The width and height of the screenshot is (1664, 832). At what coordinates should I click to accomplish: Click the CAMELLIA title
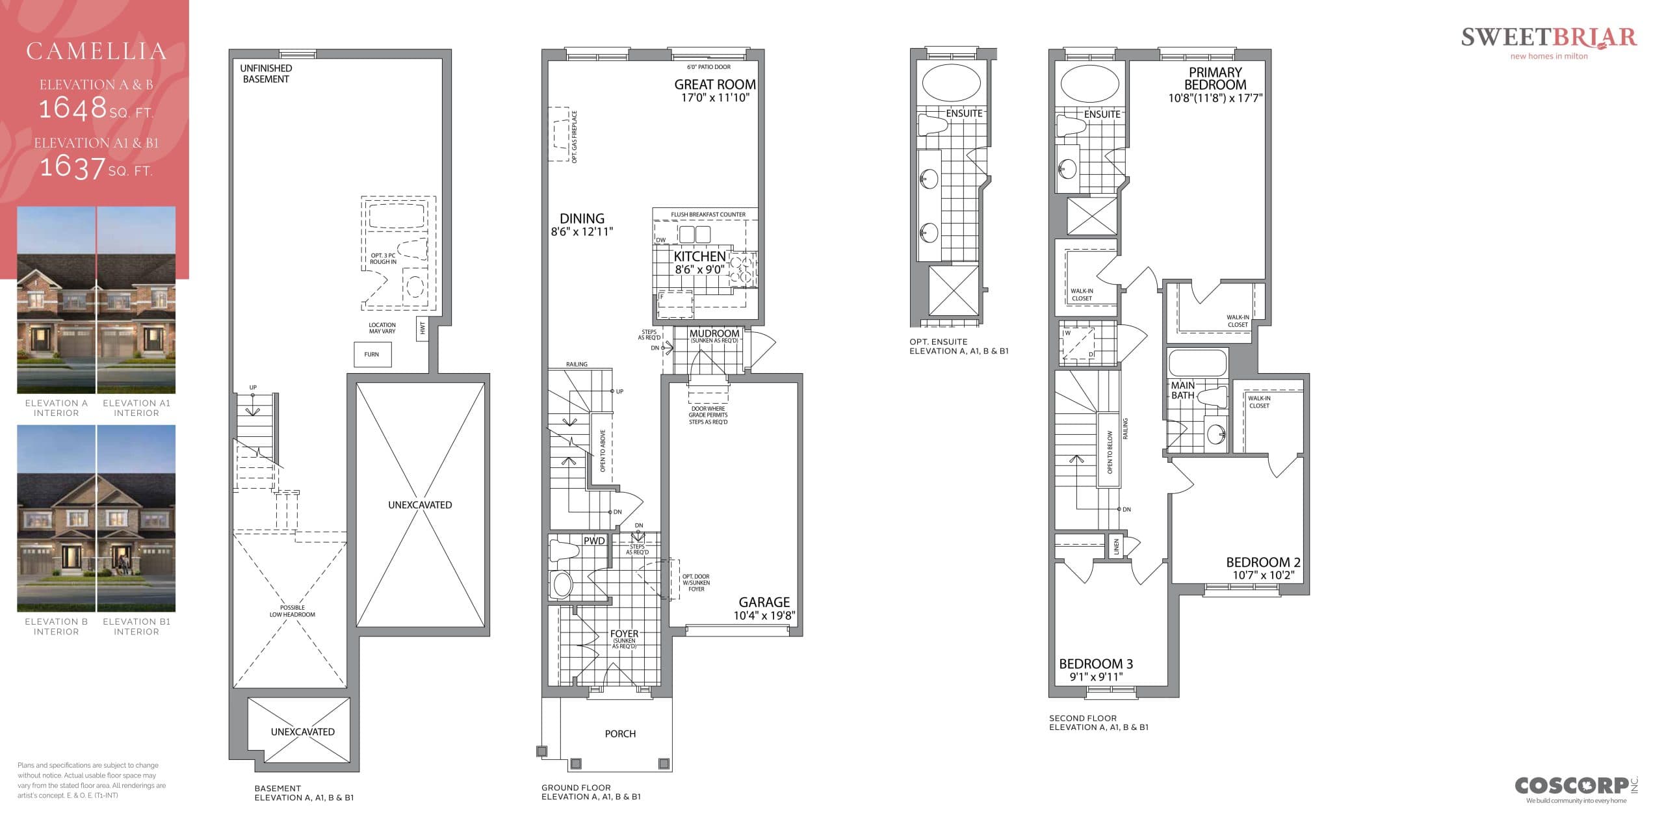96,51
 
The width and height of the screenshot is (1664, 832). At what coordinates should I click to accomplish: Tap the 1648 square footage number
73,108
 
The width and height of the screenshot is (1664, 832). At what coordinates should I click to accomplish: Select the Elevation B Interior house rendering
56,518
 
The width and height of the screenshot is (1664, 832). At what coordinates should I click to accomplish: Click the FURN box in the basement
372,355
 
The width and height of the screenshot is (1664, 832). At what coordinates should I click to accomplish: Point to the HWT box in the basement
422,329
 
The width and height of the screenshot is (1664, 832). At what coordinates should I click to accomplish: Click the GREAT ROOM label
714,84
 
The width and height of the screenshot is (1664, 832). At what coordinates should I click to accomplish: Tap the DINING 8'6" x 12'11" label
582,224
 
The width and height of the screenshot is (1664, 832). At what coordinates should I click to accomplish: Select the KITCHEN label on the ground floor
699,257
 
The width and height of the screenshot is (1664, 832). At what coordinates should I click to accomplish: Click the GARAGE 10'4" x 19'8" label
764,608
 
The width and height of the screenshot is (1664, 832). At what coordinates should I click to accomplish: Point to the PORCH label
620,733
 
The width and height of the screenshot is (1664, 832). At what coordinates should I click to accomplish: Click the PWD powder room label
593,541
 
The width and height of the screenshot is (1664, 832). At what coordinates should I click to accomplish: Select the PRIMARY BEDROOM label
1214,79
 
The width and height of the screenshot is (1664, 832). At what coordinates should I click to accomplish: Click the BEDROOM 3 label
1096,664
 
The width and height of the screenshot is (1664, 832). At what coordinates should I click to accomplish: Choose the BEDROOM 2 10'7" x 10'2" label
1263,568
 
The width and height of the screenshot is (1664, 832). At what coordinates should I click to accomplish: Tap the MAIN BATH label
1182,390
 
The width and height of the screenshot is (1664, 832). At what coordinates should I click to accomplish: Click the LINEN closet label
1117,547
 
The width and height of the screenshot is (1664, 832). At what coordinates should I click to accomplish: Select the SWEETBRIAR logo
1548,38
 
